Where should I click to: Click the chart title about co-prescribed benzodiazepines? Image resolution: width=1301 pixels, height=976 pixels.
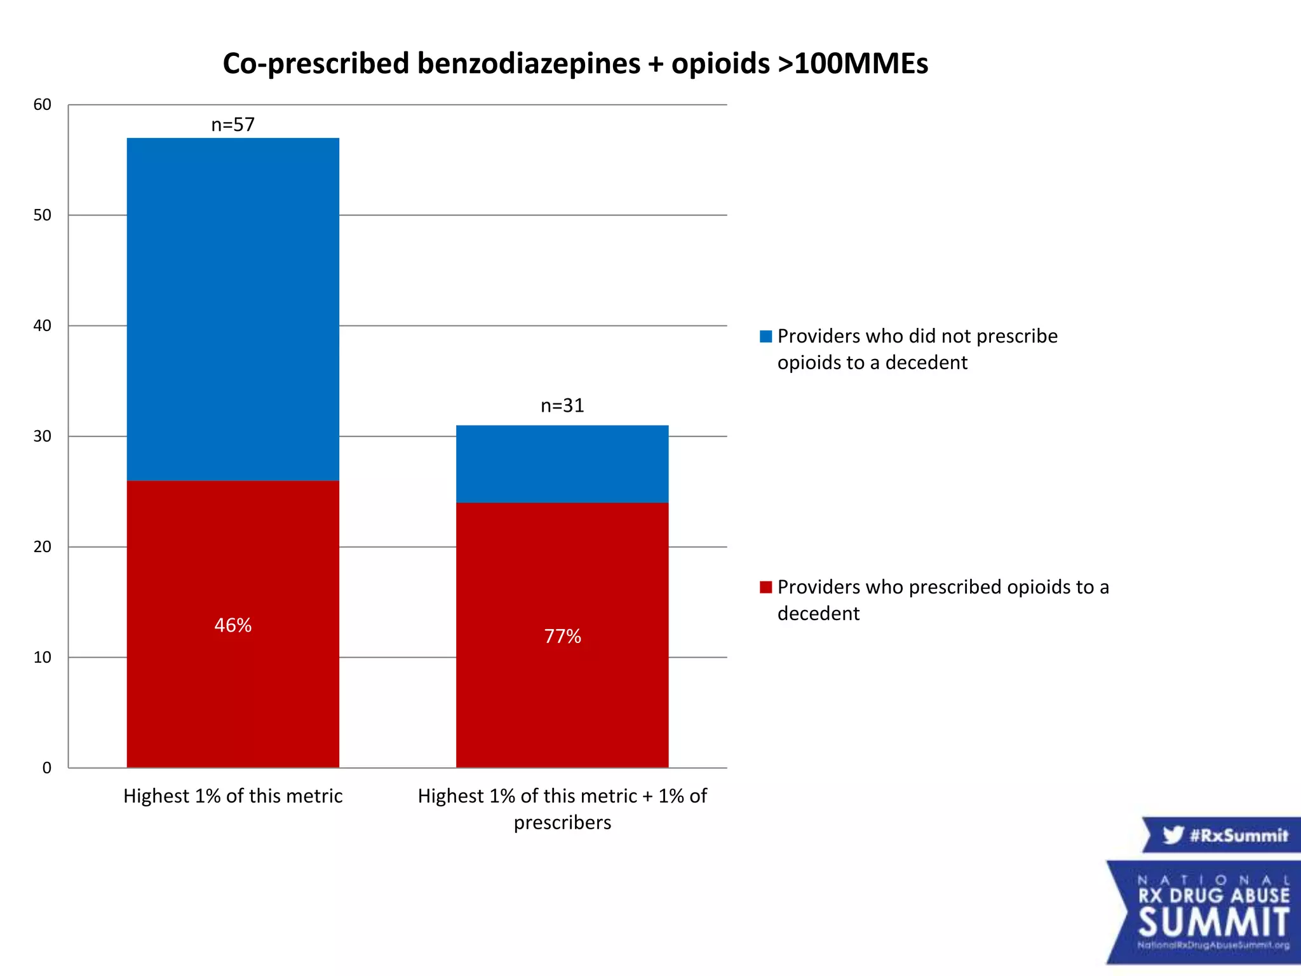(575, 64)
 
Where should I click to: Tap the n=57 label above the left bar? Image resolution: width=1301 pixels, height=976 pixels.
(233, 125)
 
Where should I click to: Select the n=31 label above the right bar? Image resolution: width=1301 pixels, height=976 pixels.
(562, 405)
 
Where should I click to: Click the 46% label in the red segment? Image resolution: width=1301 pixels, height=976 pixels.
(233, 625)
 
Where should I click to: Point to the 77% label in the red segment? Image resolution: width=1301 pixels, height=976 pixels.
(562, 636)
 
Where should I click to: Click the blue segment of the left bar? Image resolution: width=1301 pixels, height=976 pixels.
(233, 309)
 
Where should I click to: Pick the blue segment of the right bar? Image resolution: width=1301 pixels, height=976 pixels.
(562, 464)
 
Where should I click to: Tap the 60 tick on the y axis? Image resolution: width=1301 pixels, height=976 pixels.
(42, 105)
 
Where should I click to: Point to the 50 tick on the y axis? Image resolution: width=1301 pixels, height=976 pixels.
(42, 215)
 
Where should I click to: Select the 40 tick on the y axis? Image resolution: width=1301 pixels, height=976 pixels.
(42, 326)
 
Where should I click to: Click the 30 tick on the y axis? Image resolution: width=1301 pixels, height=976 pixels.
(42, 437)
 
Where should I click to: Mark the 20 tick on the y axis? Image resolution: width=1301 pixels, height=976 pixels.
(42, 547)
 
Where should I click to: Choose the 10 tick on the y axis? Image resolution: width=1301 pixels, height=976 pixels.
(42, 658)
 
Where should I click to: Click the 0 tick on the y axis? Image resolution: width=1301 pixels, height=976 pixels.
(46, 768)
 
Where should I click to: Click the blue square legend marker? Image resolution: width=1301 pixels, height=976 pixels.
(765, 336)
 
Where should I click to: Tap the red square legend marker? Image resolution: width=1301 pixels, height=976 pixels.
(765, 587)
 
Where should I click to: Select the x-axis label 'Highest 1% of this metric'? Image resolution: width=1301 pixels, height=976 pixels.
(233, 796)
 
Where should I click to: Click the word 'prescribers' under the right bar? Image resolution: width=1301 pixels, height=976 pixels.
(562, 823)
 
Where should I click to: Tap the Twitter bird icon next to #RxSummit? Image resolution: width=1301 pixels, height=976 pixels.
(1173, 834)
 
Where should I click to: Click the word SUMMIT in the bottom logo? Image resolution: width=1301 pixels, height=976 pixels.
(1213, 923)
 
